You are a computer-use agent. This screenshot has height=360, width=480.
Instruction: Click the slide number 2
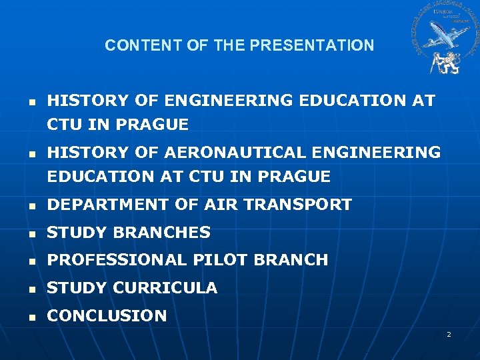[x=449, y=333]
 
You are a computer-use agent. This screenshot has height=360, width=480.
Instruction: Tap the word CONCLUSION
[x=107, y=316]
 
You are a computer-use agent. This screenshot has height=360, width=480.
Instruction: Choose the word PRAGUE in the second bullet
[x=296, y=177]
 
